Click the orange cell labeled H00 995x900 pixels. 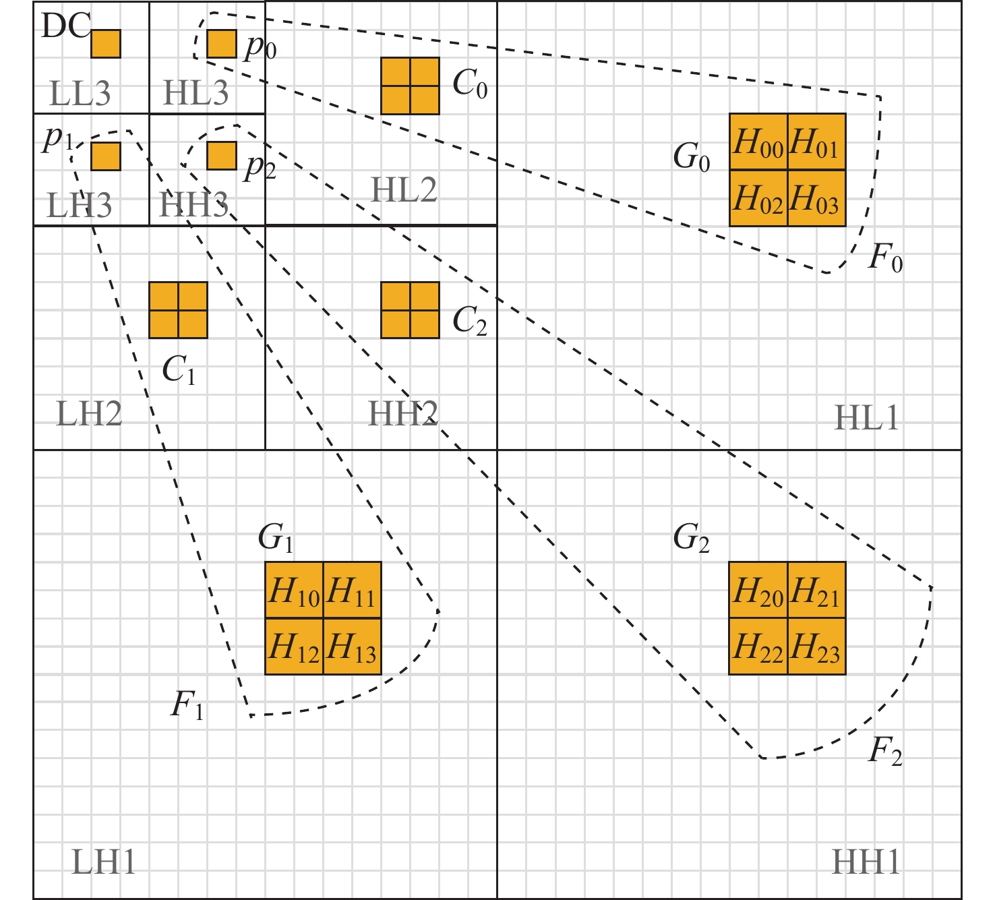click(x=758, y=142)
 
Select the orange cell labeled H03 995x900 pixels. click(x=816, y=198)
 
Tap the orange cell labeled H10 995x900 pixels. click(x=294, y=591)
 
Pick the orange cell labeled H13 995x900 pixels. click(x=352, y=647)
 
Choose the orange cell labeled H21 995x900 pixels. click(x=816, y=591)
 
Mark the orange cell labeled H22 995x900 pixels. click(x=758, y=647)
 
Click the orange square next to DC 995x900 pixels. click(x=106, y=44)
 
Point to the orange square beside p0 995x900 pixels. click(x=221, y=44)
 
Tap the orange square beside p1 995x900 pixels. click(x=106, y=156)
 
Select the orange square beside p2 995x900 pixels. click(x=221, y=156)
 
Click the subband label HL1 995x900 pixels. click(x=866, y=418)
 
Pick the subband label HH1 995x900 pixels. click(x=866, y=862)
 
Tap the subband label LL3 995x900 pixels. click(x=80, y=93)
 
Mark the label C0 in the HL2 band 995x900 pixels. click(x=470, y=84)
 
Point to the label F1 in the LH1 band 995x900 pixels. click(x=187, y=706)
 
